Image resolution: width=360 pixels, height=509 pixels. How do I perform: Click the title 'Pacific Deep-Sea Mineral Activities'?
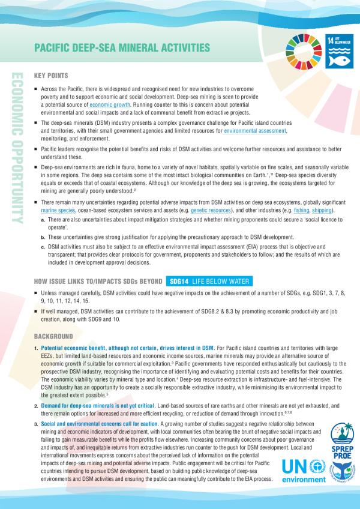[122, 46]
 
